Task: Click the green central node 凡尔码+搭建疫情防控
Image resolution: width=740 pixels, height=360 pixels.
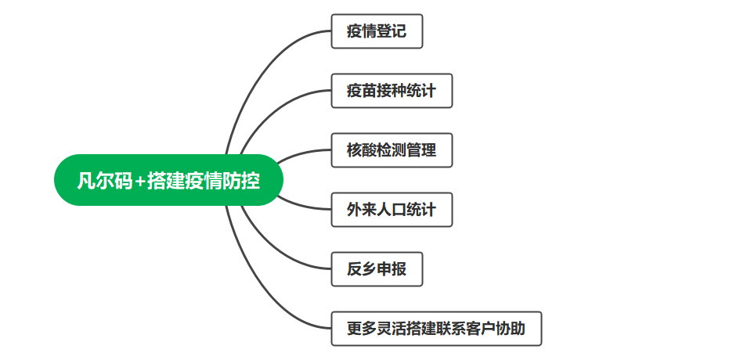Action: pyautogui.click(x=167, y=181)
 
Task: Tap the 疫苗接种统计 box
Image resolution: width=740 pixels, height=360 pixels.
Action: pyautogui.click(x=392, y=91)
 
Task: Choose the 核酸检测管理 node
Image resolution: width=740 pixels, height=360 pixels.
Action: pyautogui.click(x=392, y=150)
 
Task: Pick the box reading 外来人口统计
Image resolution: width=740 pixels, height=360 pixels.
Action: pyautogui.click(x=392, y=210)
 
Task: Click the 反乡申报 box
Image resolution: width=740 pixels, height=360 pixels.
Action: pyautogui.click(x=377, y=269)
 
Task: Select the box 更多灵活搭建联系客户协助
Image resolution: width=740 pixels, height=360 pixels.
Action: pyautogui.click(x=436, y=329)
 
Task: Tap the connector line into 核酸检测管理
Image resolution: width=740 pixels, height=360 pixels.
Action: pyautogui.click(x=301, y=153)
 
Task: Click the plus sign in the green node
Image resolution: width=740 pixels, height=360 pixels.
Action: pyautogui.click(x=139, y=182)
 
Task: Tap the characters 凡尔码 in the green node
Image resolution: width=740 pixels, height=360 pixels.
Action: pyautogui.click(x=104, y=182)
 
